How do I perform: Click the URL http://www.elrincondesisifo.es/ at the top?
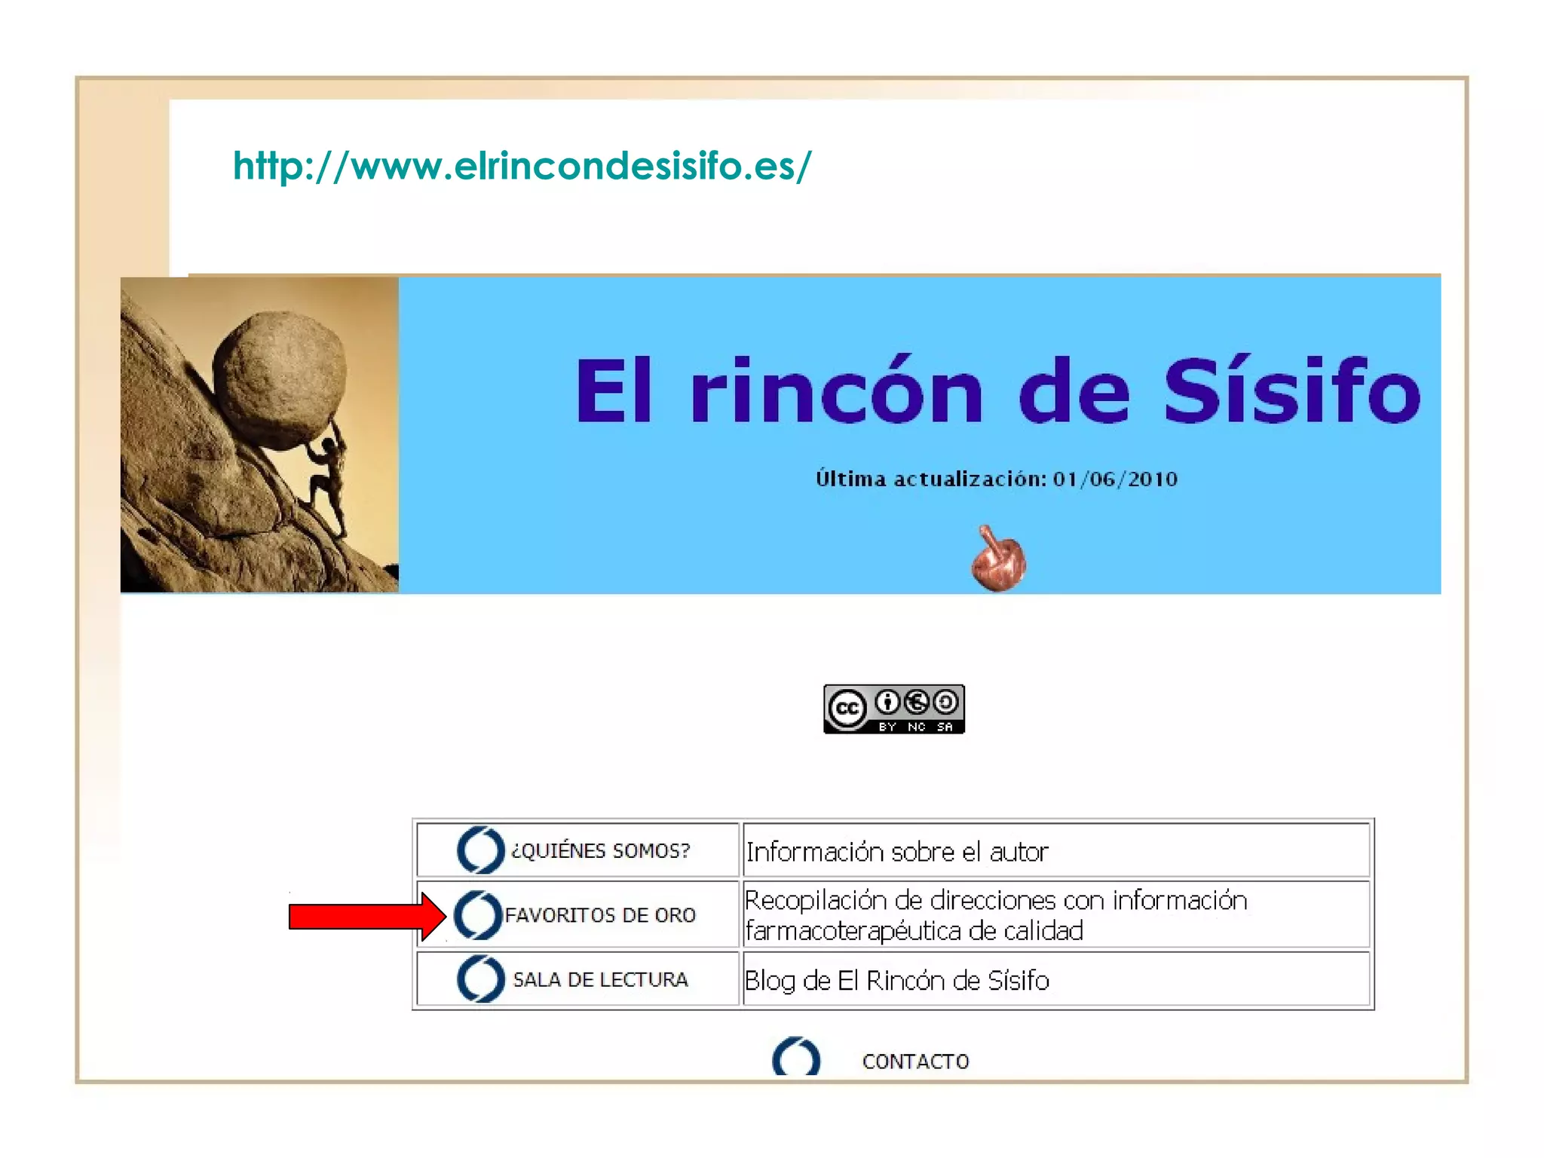click(x=522, y=166)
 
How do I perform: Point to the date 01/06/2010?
click(x=1115, y=479)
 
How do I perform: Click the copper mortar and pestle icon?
click(x=998, y=559)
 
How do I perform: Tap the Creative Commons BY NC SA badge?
click(x=893, y=709)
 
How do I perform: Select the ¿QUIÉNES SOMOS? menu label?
click(x=600, y=851)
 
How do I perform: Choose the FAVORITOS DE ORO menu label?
click(x=600, y=915)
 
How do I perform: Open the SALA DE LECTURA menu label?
click(x=600, y=980)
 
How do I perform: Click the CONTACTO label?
click(x=915, y=1061)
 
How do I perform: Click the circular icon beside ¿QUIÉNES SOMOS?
click(x=480, y=850)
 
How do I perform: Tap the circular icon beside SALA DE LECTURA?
click(x=480, y=979)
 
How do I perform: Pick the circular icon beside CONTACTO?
click(x=796, y=1058)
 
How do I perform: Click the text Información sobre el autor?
click(x=897, y=853)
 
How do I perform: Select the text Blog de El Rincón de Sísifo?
click(x=897, y=981)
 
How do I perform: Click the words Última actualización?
click(x=930, y=479)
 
